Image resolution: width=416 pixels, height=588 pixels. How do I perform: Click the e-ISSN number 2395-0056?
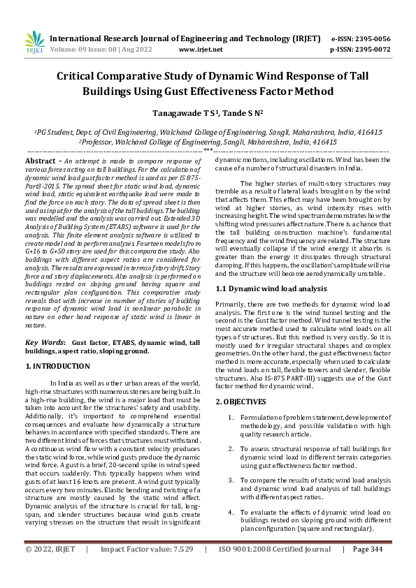pyautogui.click(x=371, y=38)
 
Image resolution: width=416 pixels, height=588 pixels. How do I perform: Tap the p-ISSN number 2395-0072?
pyautogui.click(x=371, y=50)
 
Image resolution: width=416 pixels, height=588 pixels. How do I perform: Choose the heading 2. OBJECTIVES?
pyautogui.click(x=241, y=402)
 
